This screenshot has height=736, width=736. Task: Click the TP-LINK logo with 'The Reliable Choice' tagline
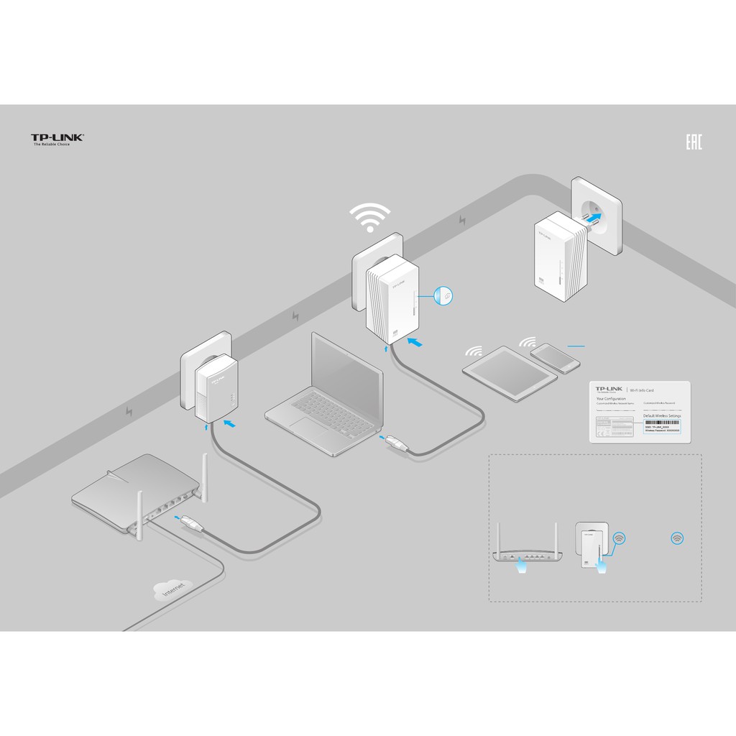click(57, 139)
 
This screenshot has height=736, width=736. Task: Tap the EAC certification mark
click(694, 142)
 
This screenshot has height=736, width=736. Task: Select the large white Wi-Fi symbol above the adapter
click(369, 217)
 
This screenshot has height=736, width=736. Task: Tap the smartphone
click(555, 358)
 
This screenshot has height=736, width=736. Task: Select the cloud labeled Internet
click(172, 591)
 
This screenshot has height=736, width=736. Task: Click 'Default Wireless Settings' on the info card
click(662, 416)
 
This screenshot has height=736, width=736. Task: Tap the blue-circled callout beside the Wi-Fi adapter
click(445, 295)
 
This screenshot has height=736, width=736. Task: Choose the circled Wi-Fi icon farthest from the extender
click(676, 538)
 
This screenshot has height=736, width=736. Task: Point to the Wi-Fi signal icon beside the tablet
click(475, 352)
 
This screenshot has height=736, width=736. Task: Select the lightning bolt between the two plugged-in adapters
click(295, 316)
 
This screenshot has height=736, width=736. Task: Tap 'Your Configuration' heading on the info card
click(612, 397)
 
